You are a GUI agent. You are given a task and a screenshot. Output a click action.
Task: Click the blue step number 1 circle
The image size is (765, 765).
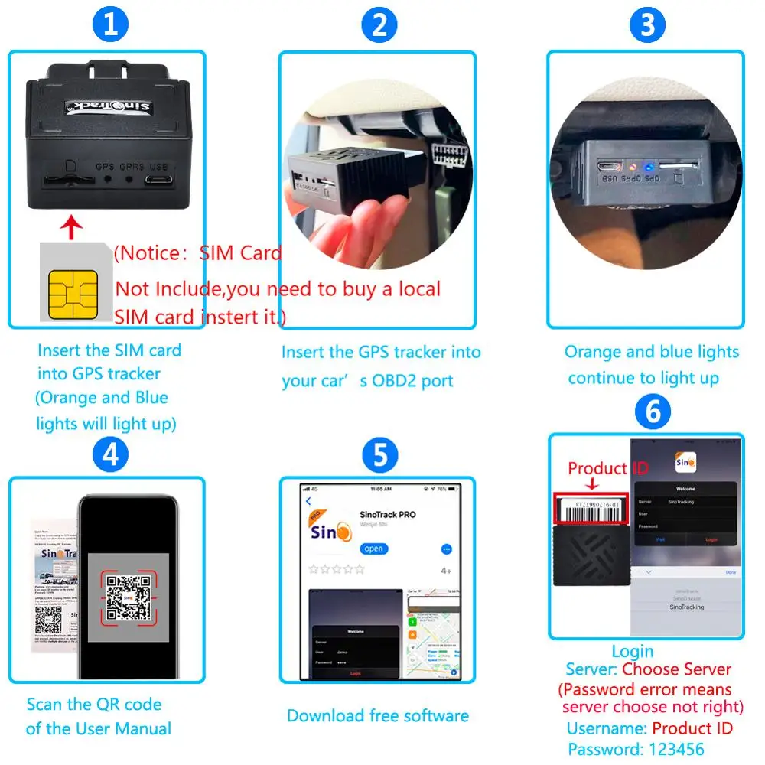click(110, 25)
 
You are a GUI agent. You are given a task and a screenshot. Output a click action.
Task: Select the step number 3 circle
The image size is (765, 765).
click(647, 25)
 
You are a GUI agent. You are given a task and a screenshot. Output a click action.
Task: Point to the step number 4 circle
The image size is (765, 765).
click(110, 455)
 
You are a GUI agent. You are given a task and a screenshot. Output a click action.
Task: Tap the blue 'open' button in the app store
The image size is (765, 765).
click(374, 549)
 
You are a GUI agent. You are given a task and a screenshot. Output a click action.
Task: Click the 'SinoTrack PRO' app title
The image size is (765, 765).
click(387, 514)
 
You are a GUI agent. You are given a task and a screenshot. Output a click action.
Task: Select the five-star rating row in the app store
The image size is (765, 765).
click(336, 569)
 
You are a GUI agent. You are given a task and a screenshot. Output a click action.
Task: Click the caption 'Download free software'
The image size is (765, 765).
click(378, 716)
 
